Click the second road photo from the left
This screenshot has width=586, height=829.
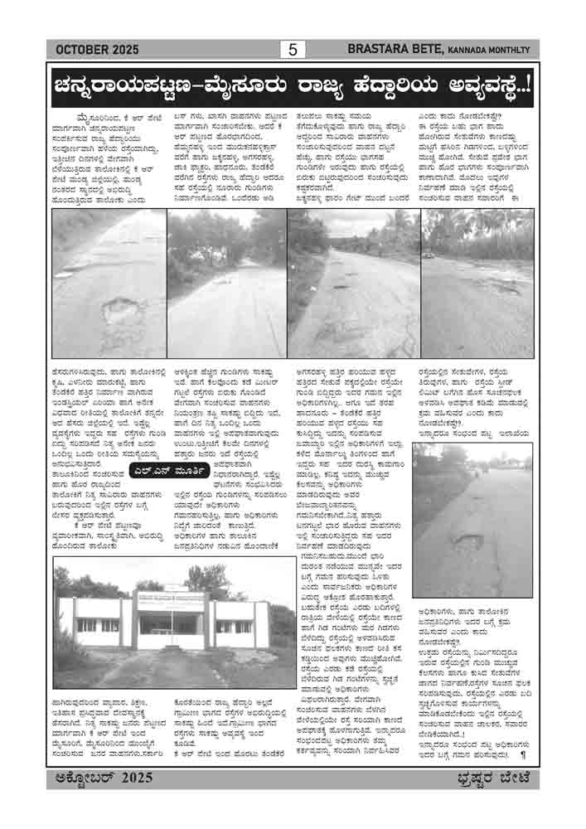tap(225, 284)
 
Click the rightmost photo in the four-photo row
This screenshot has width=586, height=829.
tap(477, 284)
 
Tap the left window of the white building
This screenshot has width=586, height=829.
tap(87, 624)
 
